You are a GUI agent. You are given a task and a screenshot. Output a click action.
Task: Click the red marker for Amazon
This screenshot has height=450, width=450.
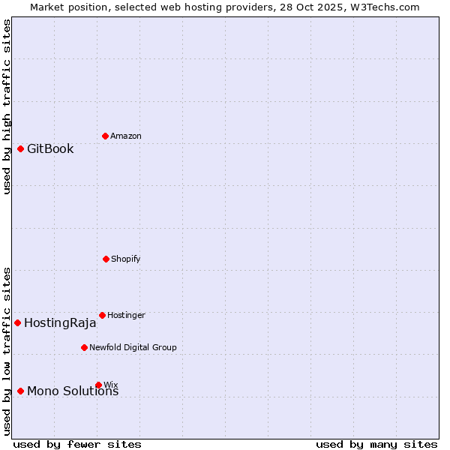[105, 136]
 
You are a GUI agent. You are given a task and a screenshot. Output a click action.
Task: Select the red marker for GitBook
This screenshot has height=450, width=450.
[20, 148]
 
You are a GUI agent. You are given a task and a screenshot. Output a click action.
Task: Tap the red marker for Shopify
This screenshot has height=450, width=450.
[106, 259]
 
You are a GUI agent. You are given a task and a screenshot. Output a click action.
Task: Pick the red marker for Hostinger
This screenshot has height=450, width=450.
[102, 315]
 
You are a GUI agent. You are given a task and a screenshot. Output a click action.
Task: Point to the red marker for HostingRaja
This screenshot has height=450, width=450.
[17, 322]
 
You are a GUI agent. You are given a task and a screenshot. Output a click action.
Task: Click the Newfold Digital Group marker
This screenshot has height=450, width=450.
[84, 347]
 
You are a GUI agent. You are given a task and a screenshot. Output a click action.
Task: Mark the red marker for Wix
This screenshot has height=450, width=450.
[98, 385]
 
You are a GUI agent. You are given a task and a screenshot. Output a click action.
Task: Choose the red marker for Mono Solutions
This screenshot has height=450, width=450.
[20, 391]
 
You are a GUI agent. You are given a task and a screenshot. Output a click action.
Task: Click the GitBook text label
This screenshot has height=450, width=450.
[50, 148]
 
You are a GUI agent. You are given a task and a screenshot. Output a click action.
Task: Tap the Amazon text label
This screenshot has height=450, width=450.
[126, 136]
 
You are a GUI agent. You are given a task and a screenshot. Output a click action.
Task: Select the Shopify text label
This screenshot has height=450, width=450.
[126, 259]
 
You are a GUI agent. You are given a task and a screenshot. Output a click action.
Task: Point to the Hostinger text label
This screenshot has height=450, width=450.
[126, 315]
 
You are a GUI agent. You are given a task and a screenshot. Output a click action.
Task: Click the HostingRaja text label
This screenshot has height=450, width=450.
[60, 323]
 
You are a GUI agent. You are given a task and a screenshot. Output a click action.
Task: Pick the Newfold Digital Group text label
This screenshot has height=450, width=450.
[133, 347]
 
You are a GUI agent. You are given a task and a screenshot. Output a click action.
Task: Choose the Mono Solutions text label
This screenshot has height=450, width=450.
[73, 391]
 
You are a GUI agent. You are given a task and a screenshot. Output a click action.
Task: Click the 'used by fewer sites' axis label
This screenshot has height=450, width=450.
[77, 444]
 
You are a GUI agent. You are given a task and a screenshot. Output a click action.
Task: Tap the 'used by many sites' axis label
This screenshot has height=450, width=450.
[376, 444]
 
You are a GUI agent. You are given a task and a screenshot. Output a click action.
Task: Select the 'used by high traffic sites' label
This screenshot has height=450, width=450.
[7, 106]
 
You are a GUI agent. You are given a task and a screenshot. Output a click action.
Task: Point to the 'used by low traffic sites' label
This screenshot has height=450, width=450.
[7, 350]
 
